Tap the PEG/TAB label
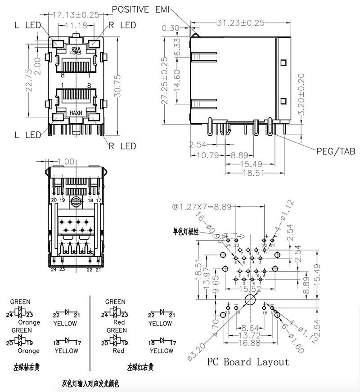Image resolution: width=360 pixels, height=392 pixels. [x=336, y=151]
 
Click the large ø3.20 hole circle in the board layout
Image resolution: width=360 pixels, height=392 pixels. [x=250, y=301]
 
